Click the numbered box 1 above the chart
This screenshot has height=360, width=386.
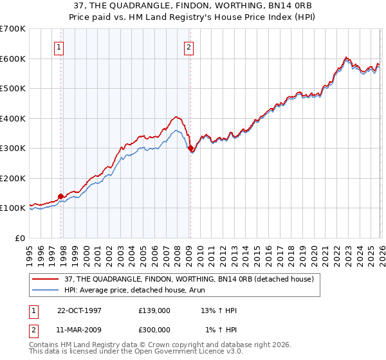(59, 46)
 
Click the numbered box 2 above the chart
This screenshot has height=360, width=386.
(188, 46)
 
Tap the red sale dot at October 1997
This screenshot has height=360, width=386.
(61, 196)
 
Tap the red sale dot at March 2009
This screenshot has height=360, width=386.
(190, 148)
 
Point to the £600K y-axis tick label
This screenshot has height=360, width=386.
(13, 59)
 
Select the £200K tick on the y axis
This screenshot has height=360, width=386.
(13, 178)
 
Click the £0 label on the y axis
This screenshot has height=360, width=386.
(19, 238)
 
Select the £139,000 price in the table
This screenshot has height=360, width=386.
(154, 310)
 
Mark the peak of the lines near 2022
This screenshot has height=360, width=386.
(345, 57)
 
